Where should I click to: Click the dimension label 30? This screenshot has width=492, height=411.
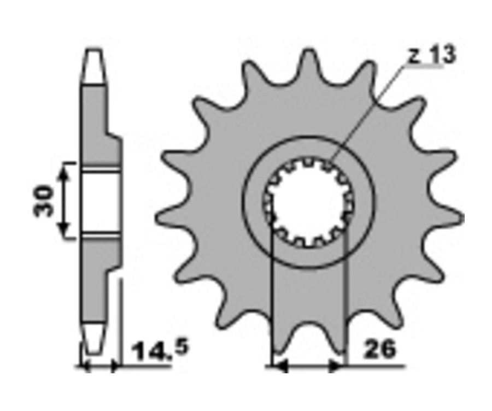pos(44,201)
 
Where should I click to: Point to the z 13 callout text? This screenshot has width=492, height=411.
pos(432,56)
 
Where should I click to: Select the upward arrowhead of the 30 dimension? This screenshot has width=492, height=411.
pos(64,172)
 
